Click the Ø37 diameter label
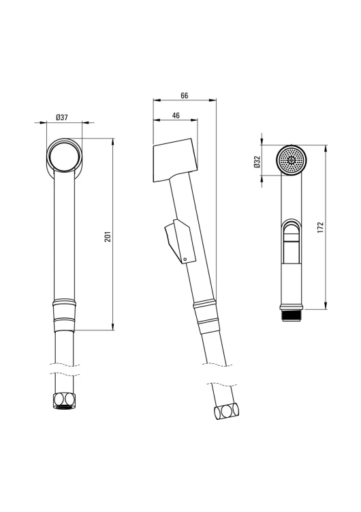(62, 117)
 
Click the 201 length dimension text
(108, 236)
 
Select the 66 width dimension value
(185, 96)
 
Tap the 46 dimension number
(176, 115)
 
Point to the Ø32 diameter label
(257, 161)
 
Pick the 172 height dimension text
(320, 227)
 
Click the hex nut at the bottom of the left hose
(63, 401)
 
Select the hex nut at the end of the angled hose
(226, 412)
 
